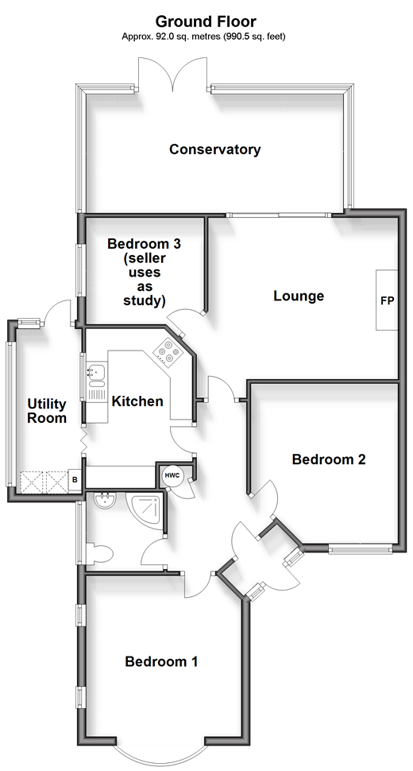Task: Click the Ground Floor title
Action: tap(206, 21)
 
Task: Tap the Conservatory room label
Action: tap(215, 149)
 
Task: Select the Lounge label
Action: tap(299, 296)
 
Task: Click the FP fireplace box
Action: tap(387, 300)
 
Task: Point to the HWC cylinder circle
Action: tap(172, 476)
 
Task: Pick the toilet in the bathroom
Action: tap(100, 553)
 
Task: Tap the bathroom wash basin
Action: tap(104, 501)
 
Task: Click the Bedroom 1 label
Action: tap(161, 662)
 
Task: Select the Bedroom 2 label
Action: tap(329, 459)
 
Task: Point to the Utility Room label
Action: tap(47, 411)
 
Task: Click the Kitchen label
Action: tap(137, 401)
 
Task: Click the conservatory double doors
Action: tap(173, 74)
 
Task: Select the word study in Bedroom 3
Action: tap(145, 300)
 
